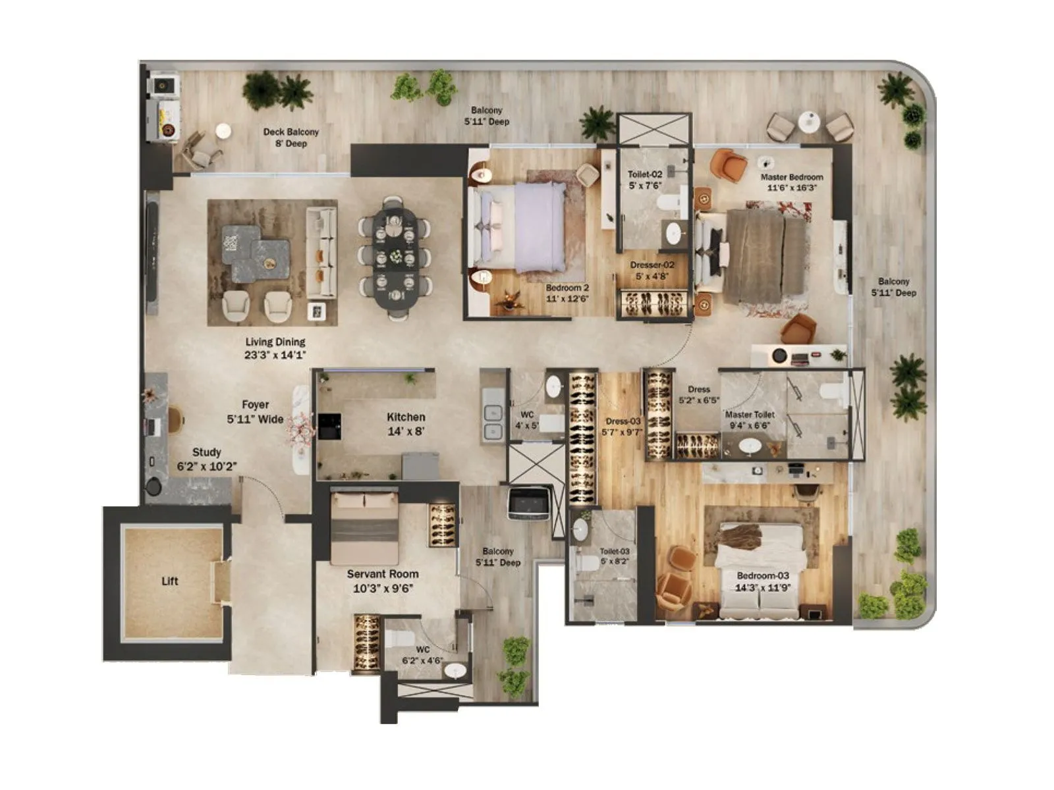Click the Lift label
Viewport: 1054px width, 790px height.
point(170,581)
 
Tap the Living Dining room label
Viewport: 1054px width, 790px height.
point(275,348)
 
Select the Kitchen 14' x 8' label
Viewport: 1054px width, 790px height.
point(406,424)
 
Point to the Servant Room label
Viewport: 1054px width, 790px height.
point(383,581)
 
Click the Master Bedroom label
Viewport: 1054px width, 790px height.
point(792,182)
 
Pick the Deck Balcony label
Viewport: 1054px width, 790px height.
point(291,137)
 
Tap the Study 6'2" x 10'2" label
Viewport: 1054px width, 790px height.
point(206,460)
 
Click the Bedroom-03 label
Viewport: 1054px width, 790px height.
point(763,581)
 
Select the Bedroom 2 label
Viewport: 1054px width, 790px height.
point(567,293)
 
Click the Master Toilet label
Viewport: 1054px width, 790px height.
point(750,420)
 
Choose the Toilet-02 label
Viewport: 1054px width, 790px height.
point(645,180)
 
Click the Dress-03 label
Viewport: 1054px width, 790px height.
point(623,427)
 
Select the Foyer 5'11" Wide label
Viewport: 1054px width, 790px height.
point(255,412)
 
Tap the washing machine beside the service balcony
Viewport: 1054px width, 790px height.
point(529,503)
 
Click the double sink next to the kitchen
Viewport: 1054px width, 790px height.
point(493,422)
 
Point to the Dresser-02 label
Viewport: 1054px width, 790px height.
point(652,271)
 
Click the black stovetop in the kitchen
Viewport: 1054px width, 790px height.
point(329,426)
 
